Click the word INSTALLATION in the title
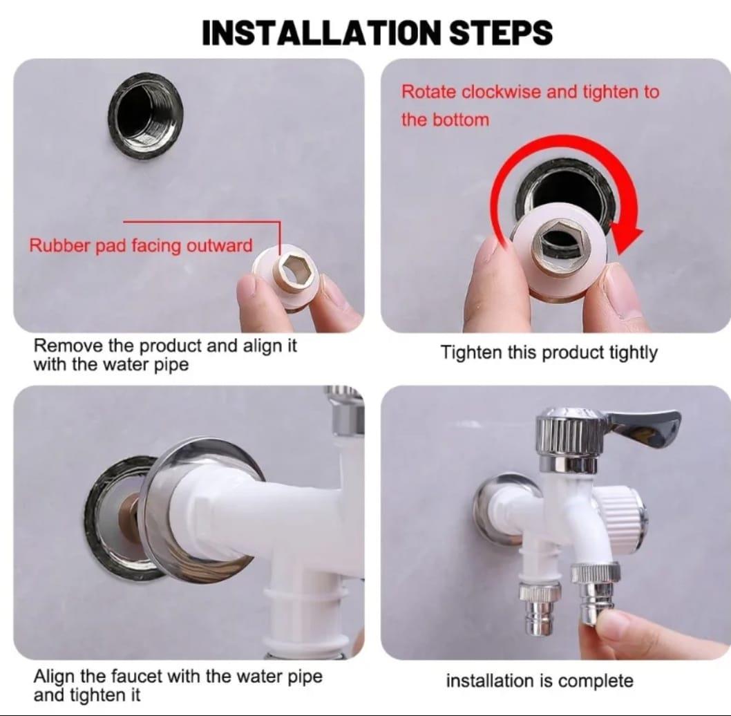click(321, 32)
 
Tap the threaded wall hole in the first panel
click(146, 113)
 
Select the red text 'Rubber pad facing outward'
click(140, 245)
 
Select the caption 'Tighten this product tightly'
click(549, 352)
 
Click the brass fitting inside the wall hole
click(129, 513)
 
